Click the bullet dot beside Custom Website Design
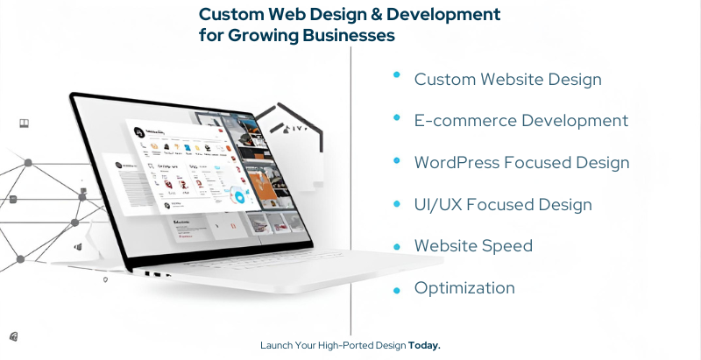click(x=397, y=76)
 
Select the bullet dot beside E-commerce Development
click(x=397, y=118)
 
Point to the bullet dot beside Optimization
click(x=397, y=289)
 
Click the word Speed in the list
click(x=507, y=246)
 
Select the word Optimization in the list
click(x=464, y=288)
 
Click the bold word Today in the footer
click(x=424, y=345)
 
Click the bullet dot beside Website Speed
click(x=397, y=247)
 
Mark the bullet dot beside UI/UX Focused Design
click(x=397, y=203)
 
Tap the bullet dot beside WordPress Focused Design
click(x=397, y=161)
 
